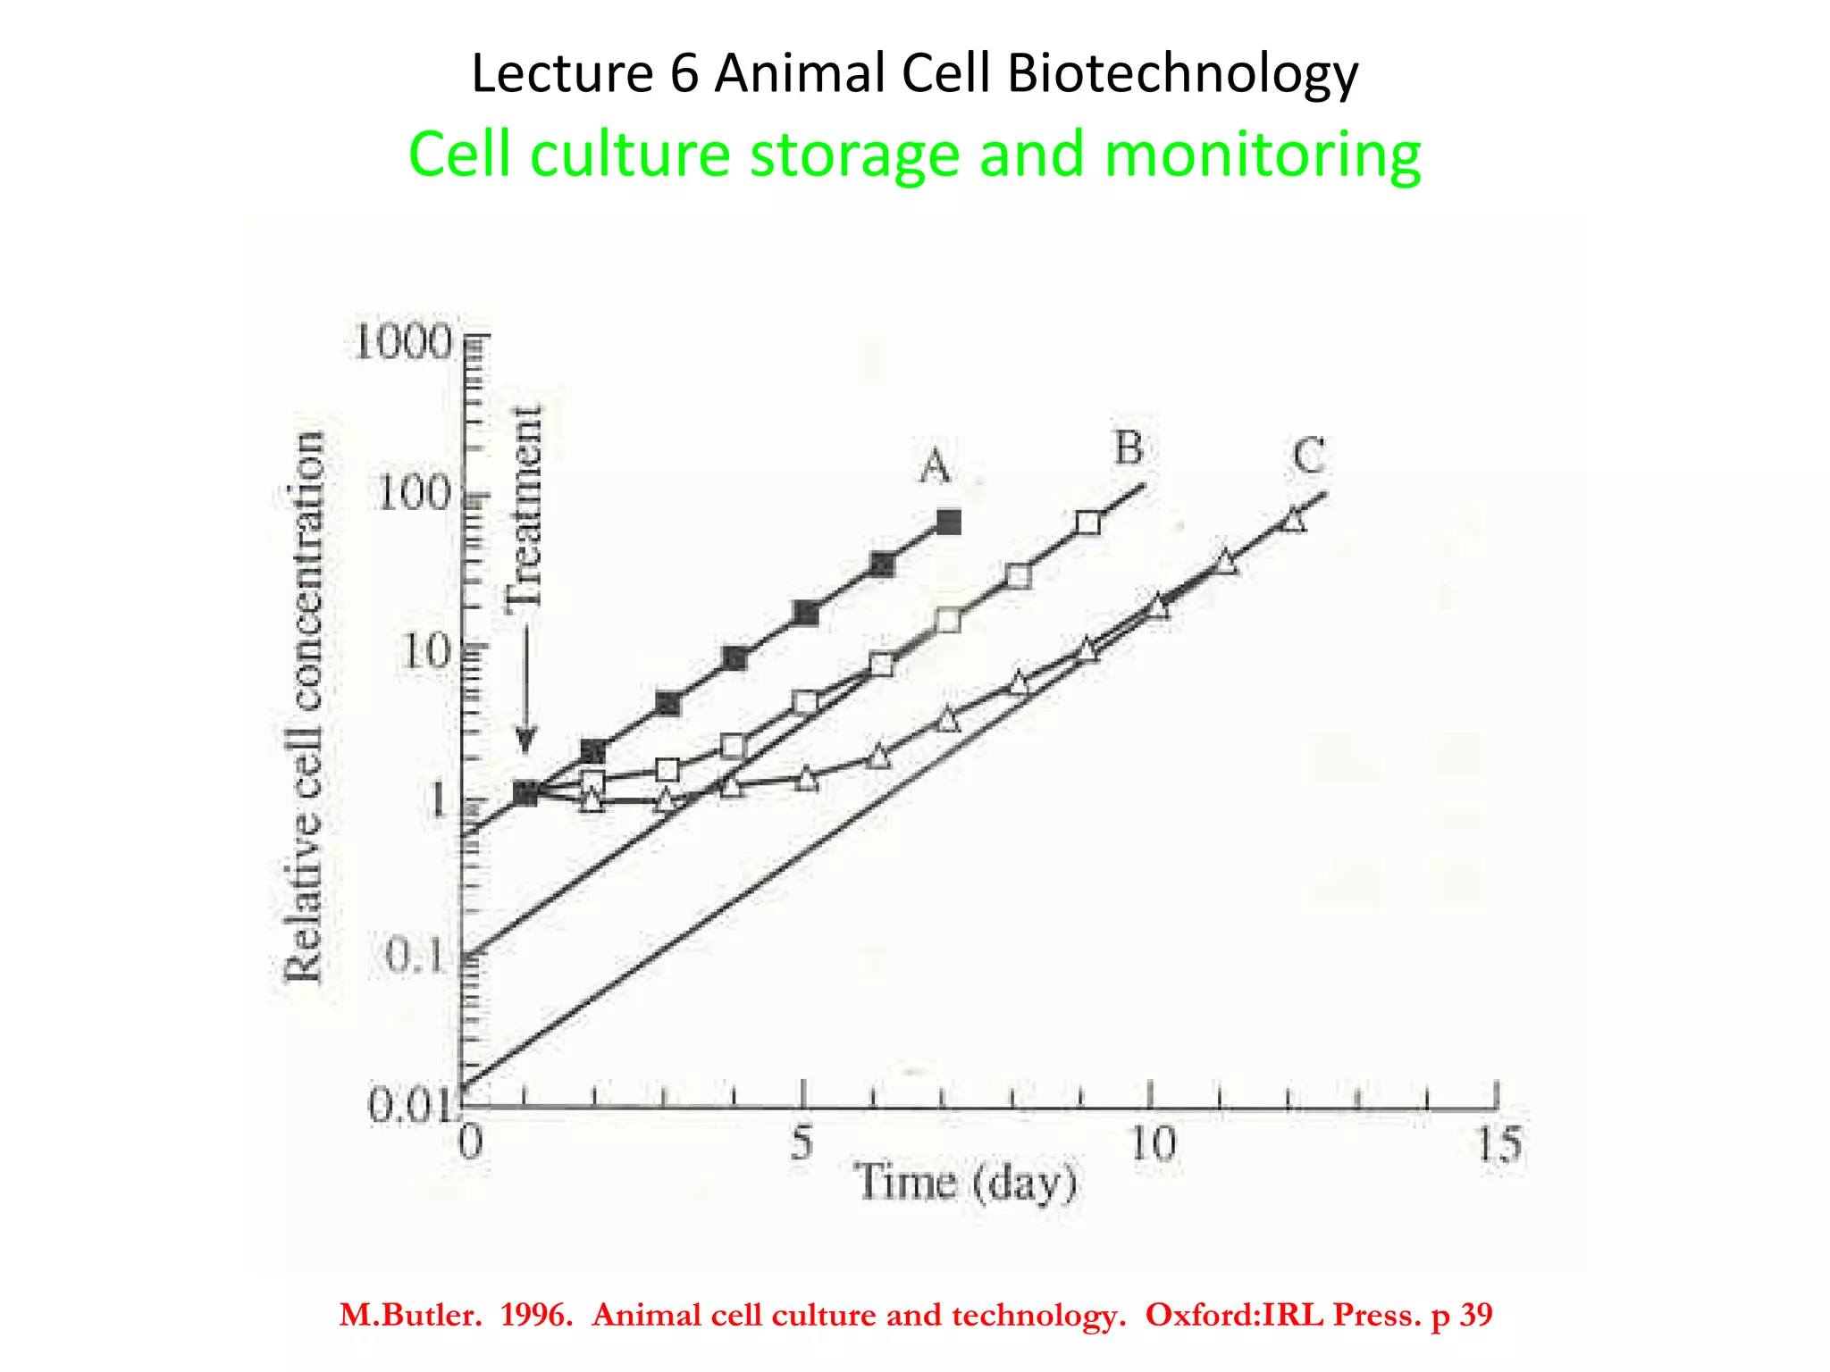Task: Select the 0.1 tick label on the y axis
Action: (416, 958)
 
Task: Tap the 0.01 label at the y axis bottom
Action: (412, 1108)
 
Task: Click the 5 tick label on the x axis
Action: (802, 1142)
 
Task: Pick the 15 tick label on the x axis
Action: (1498, 1144)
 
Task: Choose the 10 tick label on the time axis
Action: (1153, 1144)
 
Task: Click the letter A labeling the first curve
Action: (935, 466)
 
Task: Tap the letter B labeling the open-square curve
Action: (1129, 448)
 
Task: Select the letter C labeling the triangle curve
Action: (1308, 456)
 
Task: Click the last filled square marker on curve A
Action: (949, 522)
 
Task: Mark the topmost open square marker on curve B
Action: (1087, 523)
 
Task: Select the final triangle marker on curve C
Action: (1293, 520)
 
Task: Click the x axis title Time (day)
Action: (967, 1184)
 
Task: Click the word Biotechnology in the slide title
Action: (1182, 73)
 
